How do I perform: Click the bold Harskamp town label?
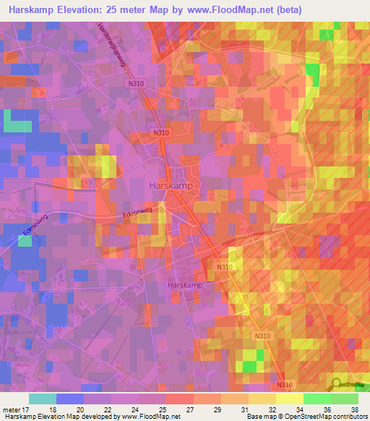[171, 185]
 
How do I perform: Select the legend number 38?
[354, 409]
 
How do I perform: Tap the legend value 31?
[245, 409]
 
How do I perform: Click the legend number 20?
[80, 409]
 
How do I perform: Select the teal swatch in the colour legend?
[43, 399]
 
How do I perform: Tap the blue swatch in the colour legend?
[70, 399]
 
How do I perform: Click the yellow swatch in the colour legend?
[289, 399]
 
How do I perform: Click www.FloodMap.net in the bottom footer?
[151, 417]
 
